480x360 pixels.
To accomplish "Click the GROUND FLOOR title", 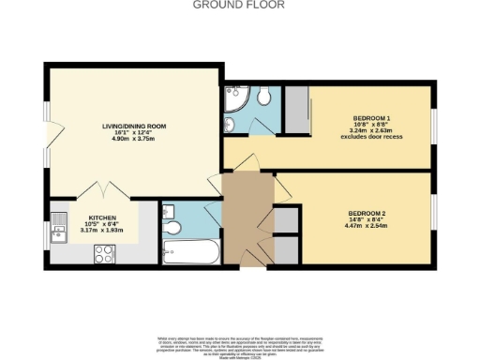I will [x=239, y=5].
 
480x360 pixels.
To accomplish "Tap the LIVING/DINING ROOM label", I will [x=134, y=127].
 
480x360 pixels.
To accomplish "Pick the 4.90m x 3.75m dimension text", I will [x=134, y=142].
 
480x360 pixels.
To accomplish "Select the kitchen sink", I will [x=58, y=224].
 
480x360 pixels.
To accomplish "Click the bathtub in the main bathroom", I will [x=190, y=252].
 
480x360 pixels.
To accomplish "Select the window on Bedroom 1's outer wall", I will [x=433, y=127].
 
